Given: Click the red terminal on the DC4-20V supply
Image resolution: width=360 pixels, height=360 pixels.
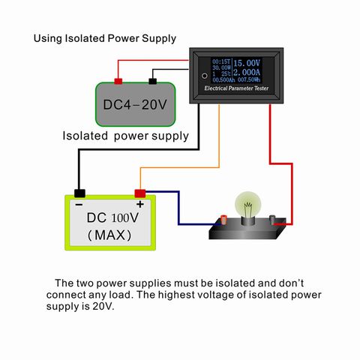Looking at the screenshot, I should tap(118, 81).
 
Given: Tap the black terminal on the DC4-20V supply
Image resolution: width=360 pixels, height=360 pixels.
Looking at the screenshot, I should tap(153, 81).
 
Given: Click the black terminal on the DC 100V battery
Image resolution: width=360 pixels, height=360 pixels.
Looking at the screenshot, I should tap(79, 193).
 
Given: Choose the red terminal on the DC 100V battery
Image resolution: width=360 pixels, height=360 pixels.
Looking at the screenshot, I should tap(139, 193).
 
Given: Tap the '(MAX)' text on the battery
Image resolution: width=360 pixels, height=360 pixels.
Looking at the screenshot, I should tap(109, 235).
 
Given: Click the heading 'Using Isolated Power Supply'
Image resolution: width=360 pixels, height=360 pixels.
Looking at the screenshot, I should tap(106, 38).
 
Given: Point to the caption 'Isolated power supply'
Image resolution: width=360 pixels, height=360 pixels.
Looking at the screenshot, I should tap(125, 136).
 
